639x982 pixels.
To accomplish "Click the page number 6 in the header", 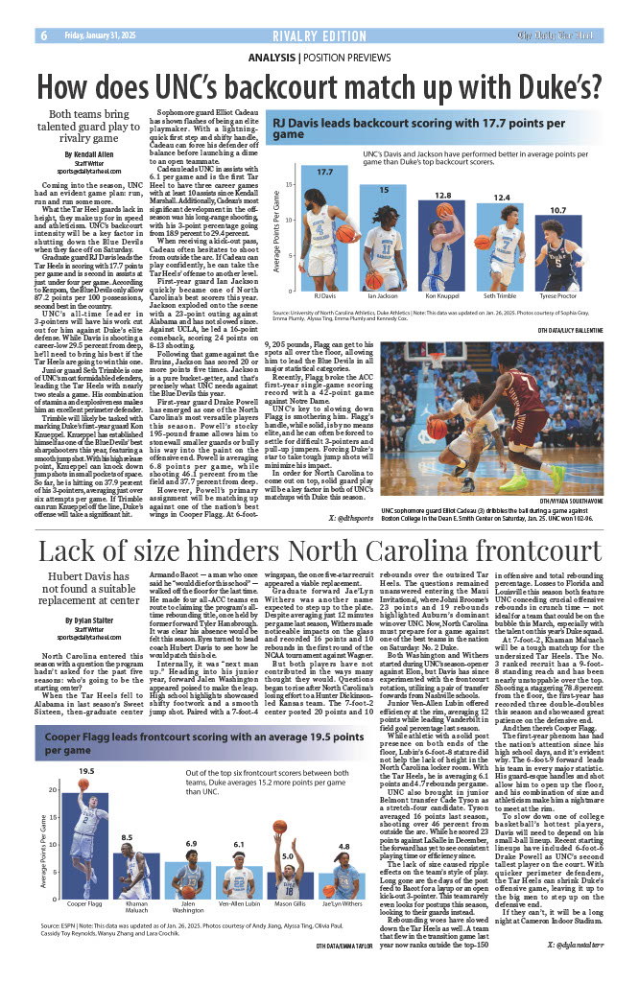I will pos(44,35).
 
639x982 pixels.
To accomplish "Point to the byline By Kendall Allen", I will pos(88,154).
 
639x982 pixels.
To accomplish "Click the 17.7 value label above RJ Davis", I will pos(324,172).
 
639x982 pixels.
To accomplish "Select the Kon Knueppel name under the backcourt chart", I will pos(442,296).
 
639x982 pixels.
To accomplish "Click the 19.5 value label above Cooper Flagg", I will pos(86,771).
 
